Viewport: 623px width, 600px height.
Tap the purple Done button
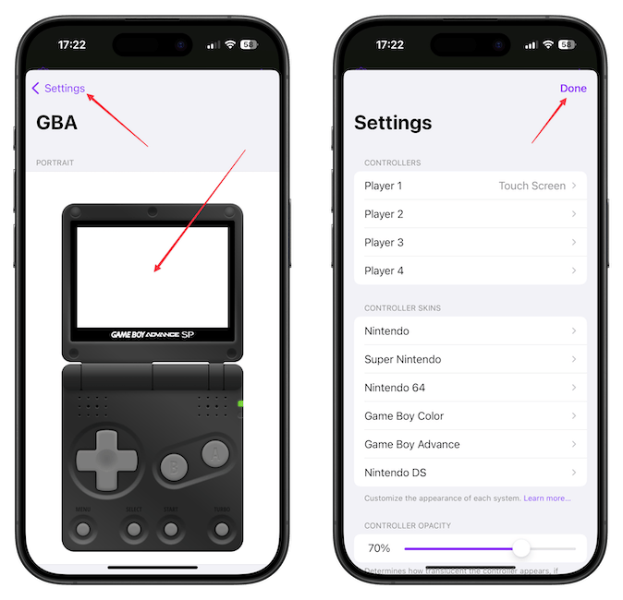573,89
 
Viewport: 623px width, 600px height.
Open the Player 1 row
470,186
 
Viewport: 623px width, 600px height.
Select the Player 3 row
470,243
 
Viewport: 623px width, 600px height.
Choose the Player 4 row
470,270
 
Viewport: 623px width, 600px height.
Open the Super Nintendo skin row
470,359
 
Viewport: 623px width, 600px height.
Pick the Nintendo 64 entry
470,388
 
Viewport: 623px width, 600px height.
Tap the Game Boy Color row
470,416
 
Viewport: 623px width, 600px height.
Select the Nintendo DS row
470,473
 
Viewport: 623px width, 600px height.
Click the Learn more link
547,498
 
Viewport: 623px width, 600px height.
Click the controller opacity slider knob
521,548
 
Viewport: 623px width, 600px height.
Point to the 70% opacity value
379,548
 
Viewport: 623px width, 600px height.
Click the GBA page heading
56,123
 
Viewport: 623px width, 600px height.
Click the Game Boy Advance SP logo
153,333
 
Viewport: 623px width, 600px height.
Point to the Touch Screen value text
531,186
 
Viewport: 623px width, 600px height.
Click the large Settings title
393,123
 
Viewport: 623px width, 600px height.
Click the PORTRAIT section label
55,162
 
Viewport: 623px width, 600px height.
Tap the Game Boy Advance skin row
470,444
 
